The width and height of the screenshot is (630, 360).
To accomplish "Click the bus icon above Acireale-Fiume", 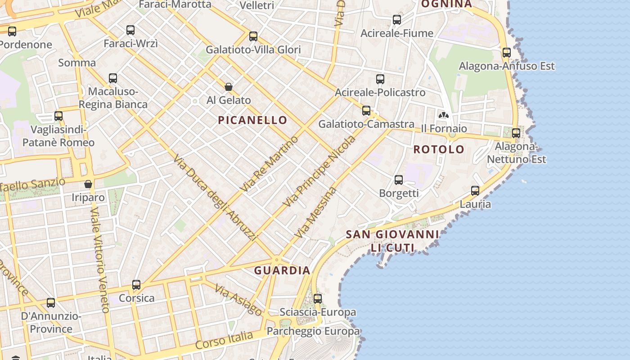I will point(396,20).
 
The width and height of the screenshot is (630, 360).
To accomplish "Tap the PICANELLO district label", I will point(252,120).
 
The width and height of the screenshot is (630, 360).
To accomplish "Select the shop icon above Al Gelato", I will point(229,87).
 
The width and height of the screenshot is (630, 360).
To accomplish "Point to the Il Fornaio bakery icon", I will point(444,115).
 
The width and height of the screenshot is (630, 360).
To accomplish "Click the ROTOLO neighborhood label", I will point(439,149).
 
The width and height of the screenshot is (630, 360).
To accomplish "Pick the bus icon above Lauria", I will point(475,191).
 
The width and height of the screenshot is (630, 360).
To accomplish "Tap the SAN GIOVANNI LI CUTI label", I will point(392,241).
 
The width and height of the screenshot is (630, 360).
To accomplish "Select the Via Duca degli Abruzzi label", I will point(215,197).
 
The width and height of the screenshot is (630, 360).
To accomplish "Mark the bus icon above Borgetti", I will point(399,180).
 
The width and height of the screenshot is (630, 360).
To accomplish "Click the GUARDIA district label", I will point(282,270).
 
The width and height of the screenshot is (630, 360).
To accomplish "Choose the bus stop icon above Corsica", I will point(136,285).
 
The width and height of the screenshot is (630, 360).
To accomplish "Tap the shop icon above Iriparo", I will point(88,184).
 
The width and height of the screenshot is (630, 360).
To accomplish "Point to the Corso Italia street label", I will point(224,340).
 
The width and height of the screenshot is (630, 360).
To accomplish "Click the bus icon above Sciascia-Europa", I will point(318,298).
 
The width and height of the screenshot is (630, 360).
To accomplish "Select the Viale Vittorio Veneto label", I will point(100,260).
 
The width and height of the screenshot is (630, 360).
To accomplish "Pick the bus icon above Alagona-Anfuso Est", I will point(507,53).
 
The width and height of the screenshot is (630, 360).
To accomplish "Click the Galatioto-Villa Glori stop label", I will point(253,49).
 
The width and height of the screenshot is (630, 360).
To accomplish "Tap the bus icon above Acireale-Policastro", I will point(380,79).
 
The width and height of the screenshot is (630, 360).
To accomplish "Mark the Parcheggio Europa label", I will point(313,332).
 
